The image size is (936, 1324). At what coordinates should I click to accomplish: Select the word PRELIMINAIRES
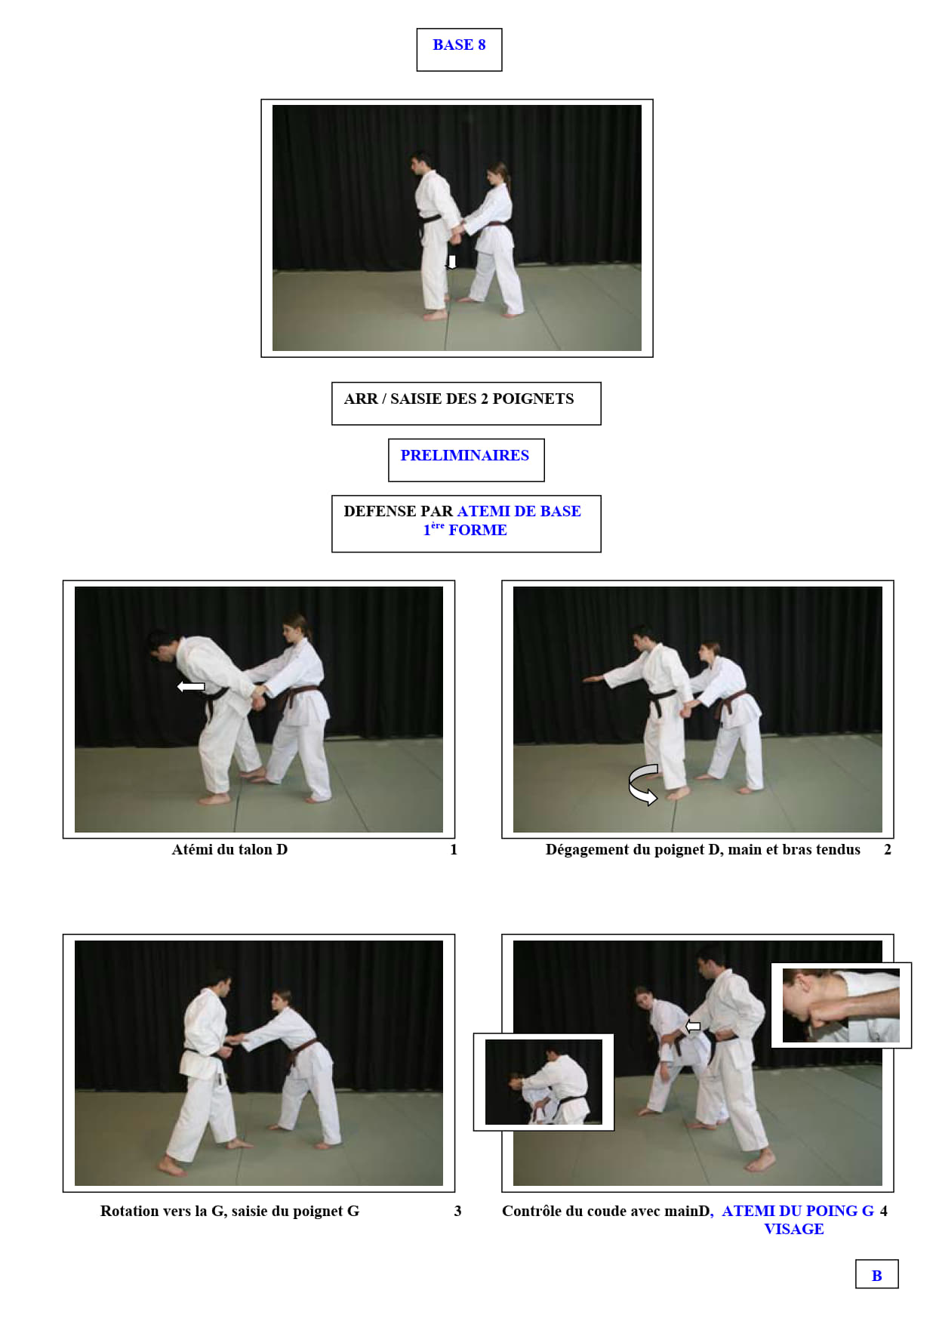465,455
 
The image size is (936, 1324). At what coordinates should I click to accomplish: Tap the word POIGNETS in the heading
533,399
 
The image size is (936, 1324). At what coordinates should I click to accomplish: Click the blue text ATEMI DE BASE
519,511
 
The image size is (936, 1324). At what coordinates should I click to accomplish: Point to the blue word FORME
478,530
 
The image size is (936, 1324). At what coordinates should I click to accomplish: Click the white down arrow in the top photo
451,262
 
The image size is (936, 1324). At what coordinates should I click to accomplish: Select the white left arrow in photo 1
191,686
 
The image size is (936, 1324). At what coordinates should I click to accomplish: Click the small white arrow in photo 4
693,1026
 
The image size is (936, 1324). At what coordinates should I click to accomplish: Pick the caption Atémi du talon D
229,850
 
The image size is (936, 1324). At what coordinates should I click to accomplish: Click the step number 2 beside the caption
888,850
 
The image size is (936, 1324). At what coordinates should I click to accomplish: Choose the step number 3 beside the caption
457,1212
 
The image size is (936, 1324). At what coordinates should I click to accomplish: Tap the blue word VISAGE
794,1230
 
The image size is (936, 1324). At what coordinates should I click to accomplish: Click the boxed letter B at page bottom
876,1274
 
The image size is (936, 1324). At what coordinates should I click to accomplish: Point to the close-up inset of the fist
841,1005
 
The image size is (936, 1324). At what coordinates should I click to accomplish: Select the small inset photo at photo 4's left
543,1082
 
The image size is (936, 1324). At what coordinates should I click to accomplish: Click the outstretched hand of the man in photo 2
593,679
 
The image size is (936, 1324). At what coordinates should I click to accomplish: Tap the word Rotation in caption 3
130,1212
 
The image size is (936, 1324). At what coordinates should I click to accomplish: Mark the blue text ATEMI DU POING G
798,1212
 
